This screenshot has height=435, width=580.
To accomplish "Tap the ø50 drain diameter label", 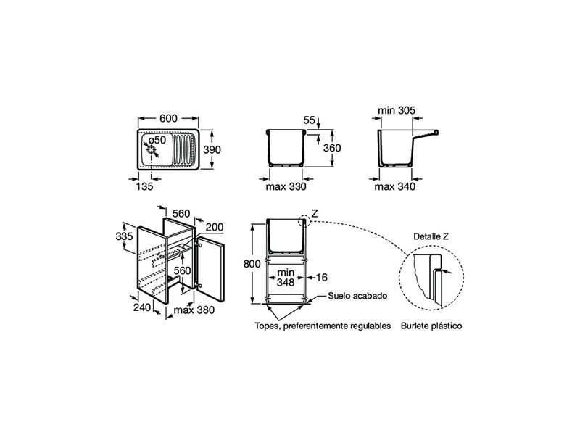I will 157,140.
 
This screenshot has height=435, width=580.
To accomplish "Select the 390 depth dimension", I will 211,150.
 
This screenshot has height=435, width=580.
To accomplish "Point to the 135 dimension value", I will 144,186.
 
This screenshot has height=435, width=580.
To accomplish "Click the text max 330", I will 285,186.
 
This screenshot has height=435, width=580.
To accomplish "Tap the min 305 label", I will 397,111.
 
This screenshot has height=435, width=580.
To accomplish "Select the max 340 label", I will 394,186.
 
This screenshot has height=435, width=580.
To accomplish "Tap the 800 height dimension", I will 252,264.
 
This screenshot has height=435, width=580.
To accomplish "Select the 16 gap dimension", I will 322,276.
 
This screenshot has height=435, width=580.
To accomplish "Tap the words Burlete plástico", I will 431,326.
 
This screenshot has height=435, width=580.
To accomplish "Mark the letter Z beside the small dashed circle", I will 315,213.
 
